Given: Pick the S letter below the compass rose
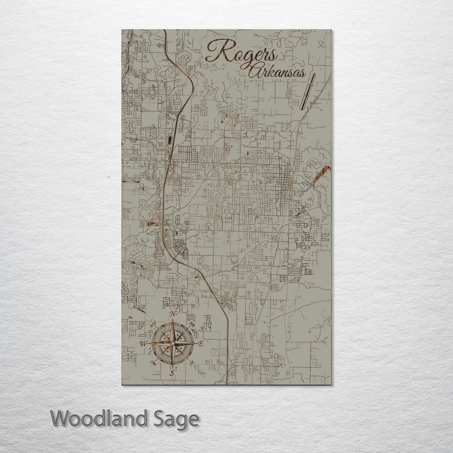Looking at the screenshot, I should click(172, 373).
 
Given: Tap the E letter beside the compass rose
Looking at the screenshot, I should click(201, 344).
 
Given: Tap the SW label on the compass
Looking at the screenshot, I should click(153, 363).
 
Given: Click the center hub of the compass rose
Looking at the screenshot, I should click(172, 344).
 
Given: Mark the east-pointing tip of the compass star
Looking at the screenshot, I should click(197, 344).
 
